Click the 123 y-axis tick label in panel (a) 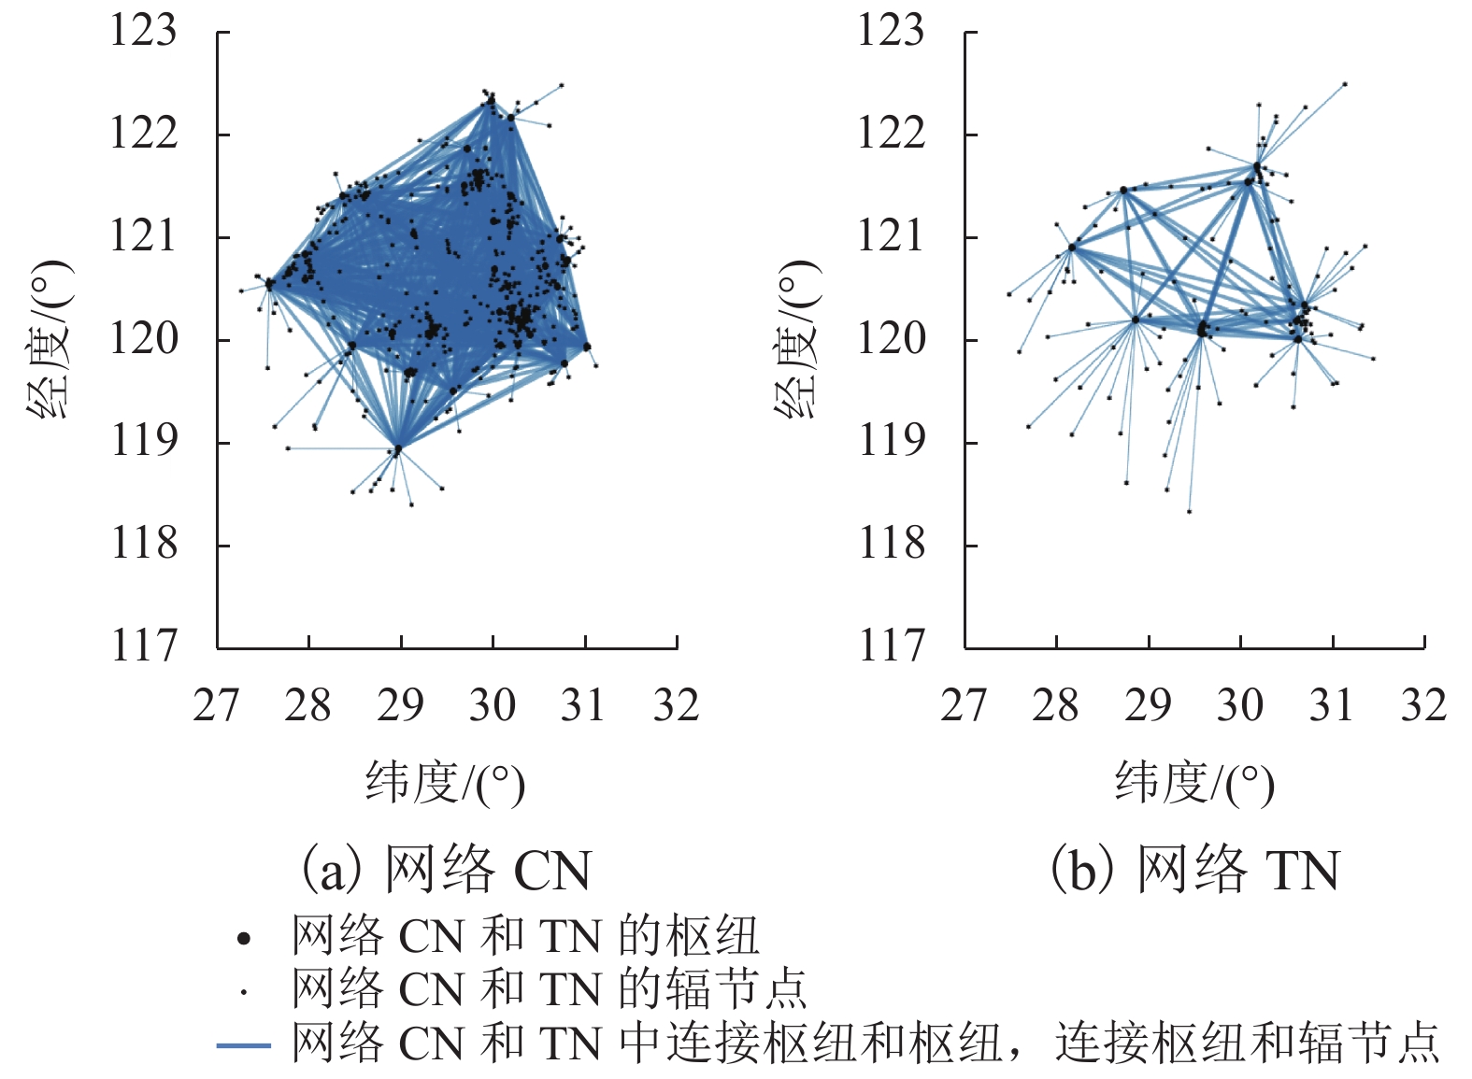(143, 31)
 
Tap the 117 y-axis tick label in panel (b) (891, 646)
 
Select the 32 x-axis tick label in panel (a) (676, 705)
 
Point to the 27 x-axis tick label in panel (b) (964, 705)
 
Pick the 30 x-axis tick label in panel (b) (1239, 705)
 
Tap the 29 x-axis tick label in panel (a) (400, 705)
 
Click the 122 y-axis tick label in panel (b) (891, 133)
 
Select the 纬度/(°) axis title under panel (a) (445, 783)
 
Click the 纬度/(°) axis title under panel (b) (1193, 783)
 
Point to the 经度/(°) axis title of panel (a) (50, 338)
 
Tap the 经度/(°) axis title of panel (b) (797, 338)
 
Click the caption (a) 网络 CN (445, 871)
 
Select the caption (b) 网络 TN (1193, 871)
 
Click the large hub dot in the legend (244, 938)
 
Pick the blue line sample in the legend (244, 1044)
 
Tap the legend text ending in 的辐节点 (549, 989)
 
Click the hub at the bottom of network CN (397, 449)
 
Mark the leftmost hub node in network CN (269, 284)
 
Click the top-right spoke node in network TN (1345, 84)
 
